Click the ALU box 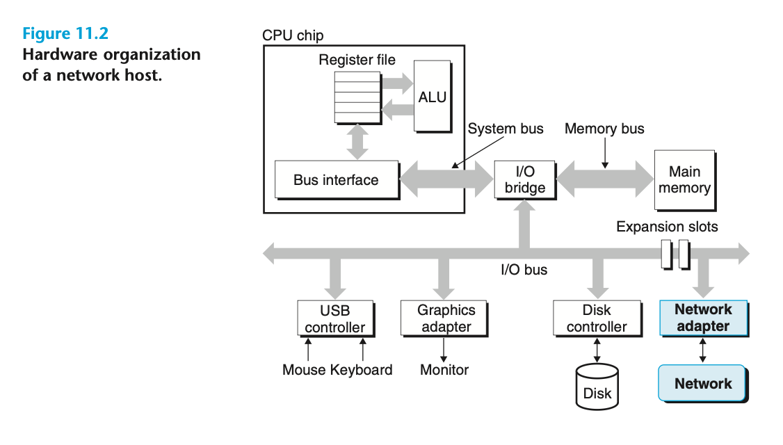[x=432, y=96]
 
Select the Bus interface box [x=336, y=180]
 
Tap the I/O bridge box [x=525, y=179]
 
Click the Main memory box [x=684, y=180]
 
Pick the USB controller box [x=334, y=318]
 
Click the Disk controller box [x=596, y=318]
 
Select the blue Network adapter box [x=703, y=318]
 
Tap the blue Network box [x=702, y=383]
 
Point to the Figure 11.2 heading [x=65, y=33]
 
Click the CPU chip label [x=293, y=35]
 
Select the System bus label [x=506, y=129]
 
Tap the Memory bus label [x=604, y=129]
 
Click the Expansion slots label [x=667, y=227]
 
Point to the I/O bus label [x=524, y=270]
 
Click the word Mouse [x=305, y=370]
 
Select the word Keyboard [x=362, y=370]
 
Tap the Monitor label [x=444, y=370]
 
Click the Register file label [x=357, y=60]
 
